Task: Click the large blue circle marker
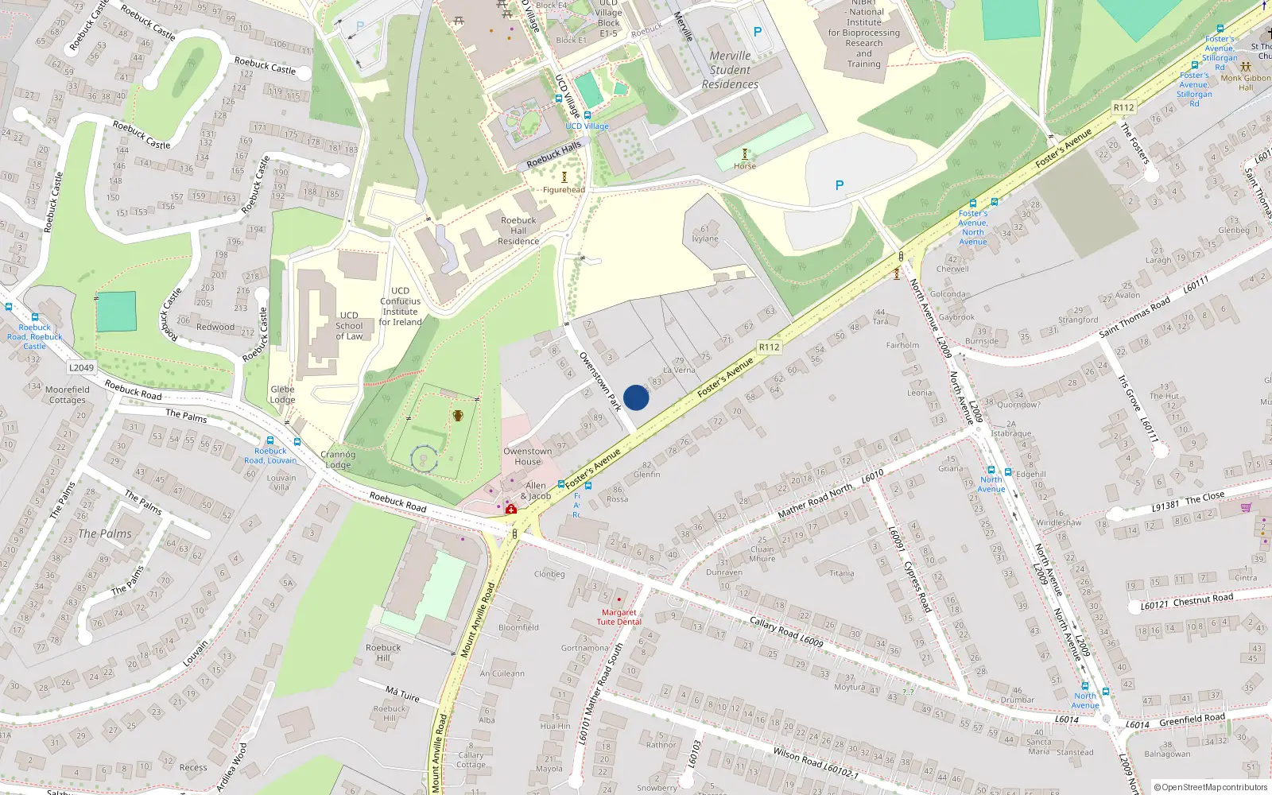pyautogui.click(x=636, y=397)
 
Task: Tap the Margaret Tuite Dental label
pyautogui.click(x=619, y=617)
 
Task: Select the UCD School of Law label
pyautogui.click(x=349, y=326)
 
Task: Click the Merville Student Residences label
pyautogui.click(x=730, y=70)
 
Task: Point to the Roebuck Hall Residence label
pyautogui.click(x=518, y=231)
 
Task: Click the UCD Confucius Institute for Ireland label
pyautogui.click(x=400, y=306)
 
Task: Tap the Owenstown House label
pyautogui.click(x=527, y=456)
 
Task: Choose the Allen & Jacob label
pyautogui.click(x=536, y=491)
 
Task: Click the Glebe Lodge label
pyautogui.click(x=282, y=394)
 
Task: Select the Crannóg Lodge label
pyautogui.click(x=338, y=460)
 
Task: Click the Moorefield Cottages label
pyautogui.click(x=68, y=394)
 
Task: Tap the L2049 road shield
pyautogui.click(x=81, y=367)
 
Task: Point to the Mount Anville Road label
pyautogui.click(x=478, y=620)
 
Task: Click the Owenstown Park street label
pyautogui.click(x=599, y=382)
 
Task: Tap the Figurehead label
pyautogui.click(x=564, y=190)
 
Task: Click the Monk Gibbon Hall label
pyautogui.click(x=1246, y=83)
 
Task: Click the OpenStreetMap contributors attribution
pyautogui.click(x=1211, y=787)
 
